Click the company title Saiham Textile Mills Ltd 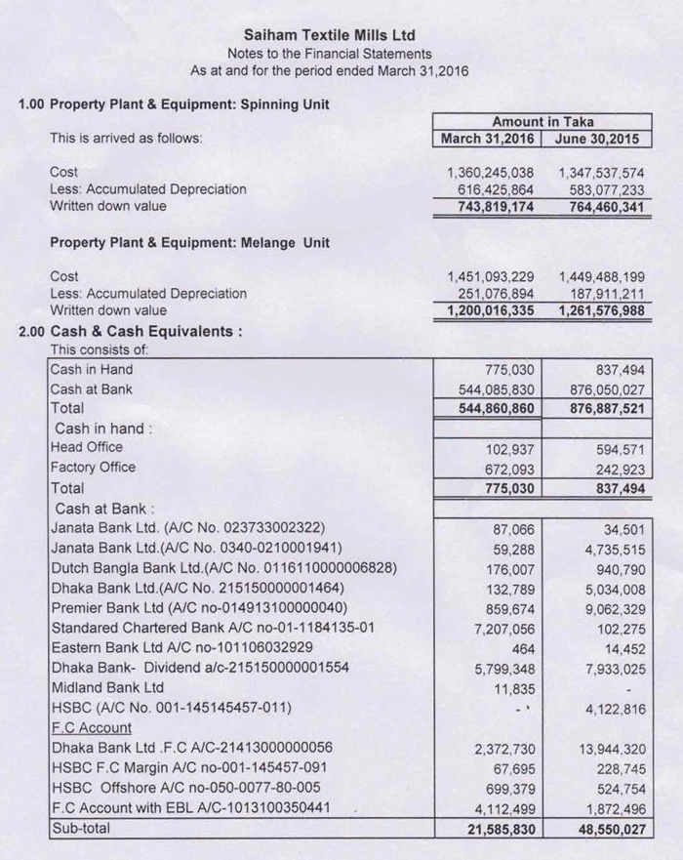tap(329, 35)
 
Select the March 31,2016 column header tap(487, 139)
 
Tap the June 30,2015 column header tap(599, 139)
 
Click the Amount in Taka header tap(542, 122)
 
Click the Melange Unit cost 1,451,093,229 tap(490, 276)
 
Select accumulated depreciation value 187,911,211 tap(601, 294)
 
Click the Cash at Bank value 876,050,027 tap(601, 389)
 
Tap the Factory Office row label tap(93, 468)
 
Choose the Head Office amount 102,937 tap(510, 448)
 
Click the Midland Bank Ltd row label tap(107, 687)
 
